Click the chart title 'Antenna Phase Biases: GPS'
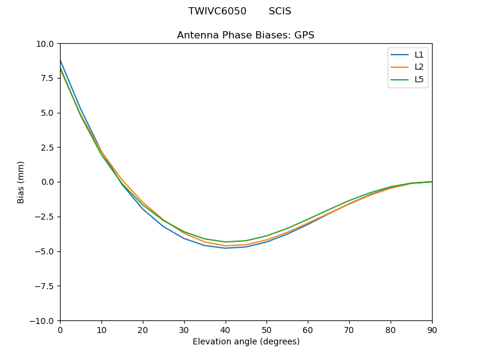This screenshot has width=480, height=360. pos(245,35)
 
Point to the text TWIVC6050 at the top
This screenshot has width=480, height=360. pos(217,11)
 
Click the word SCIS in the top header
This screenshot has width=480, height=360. pos(280,11)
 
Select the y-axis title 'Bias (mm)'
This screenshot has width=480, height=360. pos(21,182)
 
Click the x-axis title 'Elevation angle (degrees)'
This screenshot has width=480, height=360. pos(246,342)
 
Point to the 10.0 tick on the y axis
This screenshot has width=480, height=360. pos(45,44)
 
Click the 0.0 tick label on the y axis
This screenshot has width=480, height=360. pos(47,182)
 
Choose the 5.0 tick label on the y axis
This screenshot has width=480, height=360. pos(47,113)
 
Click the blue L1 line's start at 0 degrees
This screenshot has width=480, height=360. pos(61,61)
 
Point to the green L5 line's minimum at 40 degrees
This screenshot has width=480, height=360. pos(226,242)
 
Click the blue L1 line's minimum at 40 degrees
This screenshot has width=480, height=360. pos(226,248)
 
